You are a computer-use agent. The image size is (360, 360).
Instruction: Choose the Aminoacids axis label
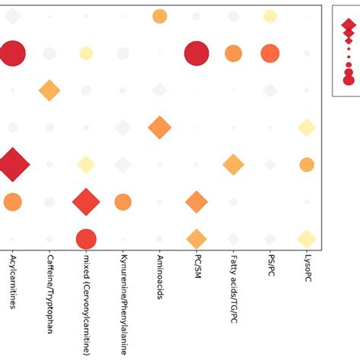[x=159, y=277]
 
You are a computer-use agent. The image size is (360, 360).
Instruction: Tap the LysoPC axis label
[x=307, y=270]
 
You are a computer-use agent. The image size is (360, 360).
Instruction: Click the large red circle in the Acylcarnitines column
[x=13, y=53]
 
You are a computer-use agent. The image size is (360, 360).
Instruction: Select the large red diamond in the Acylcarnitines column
[x=13, y=164]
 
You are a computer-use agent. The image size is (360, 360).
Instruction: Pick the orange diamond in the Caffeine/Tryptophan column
[x=49, y=90]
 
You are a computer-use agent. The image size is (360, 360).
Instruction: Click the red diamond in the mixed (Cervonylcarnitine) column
[x=86, y=202]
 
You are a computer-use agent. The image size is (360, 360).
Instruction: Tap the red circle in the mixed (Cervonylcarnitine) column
[x=86, y=238]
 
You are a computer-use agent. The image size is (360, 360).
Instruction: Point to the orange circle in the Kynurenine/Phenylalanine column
[x=123, y=202]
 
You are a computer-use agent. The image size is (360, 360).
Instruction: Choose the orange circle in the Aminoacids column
[x=159, y=16]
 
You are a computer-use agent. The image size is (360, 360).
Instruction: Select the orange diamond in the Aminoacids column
[x=159, y=128]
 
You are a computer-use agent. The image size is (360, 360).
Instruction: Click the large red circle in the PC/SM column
[x=197, y=53]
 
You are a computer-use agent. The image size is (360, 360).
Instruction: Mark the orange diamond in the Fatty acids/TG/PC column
[x=233, y=164]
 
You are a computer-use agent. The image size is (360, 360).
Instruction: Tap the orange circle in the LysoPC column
[x=307, y=164]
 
